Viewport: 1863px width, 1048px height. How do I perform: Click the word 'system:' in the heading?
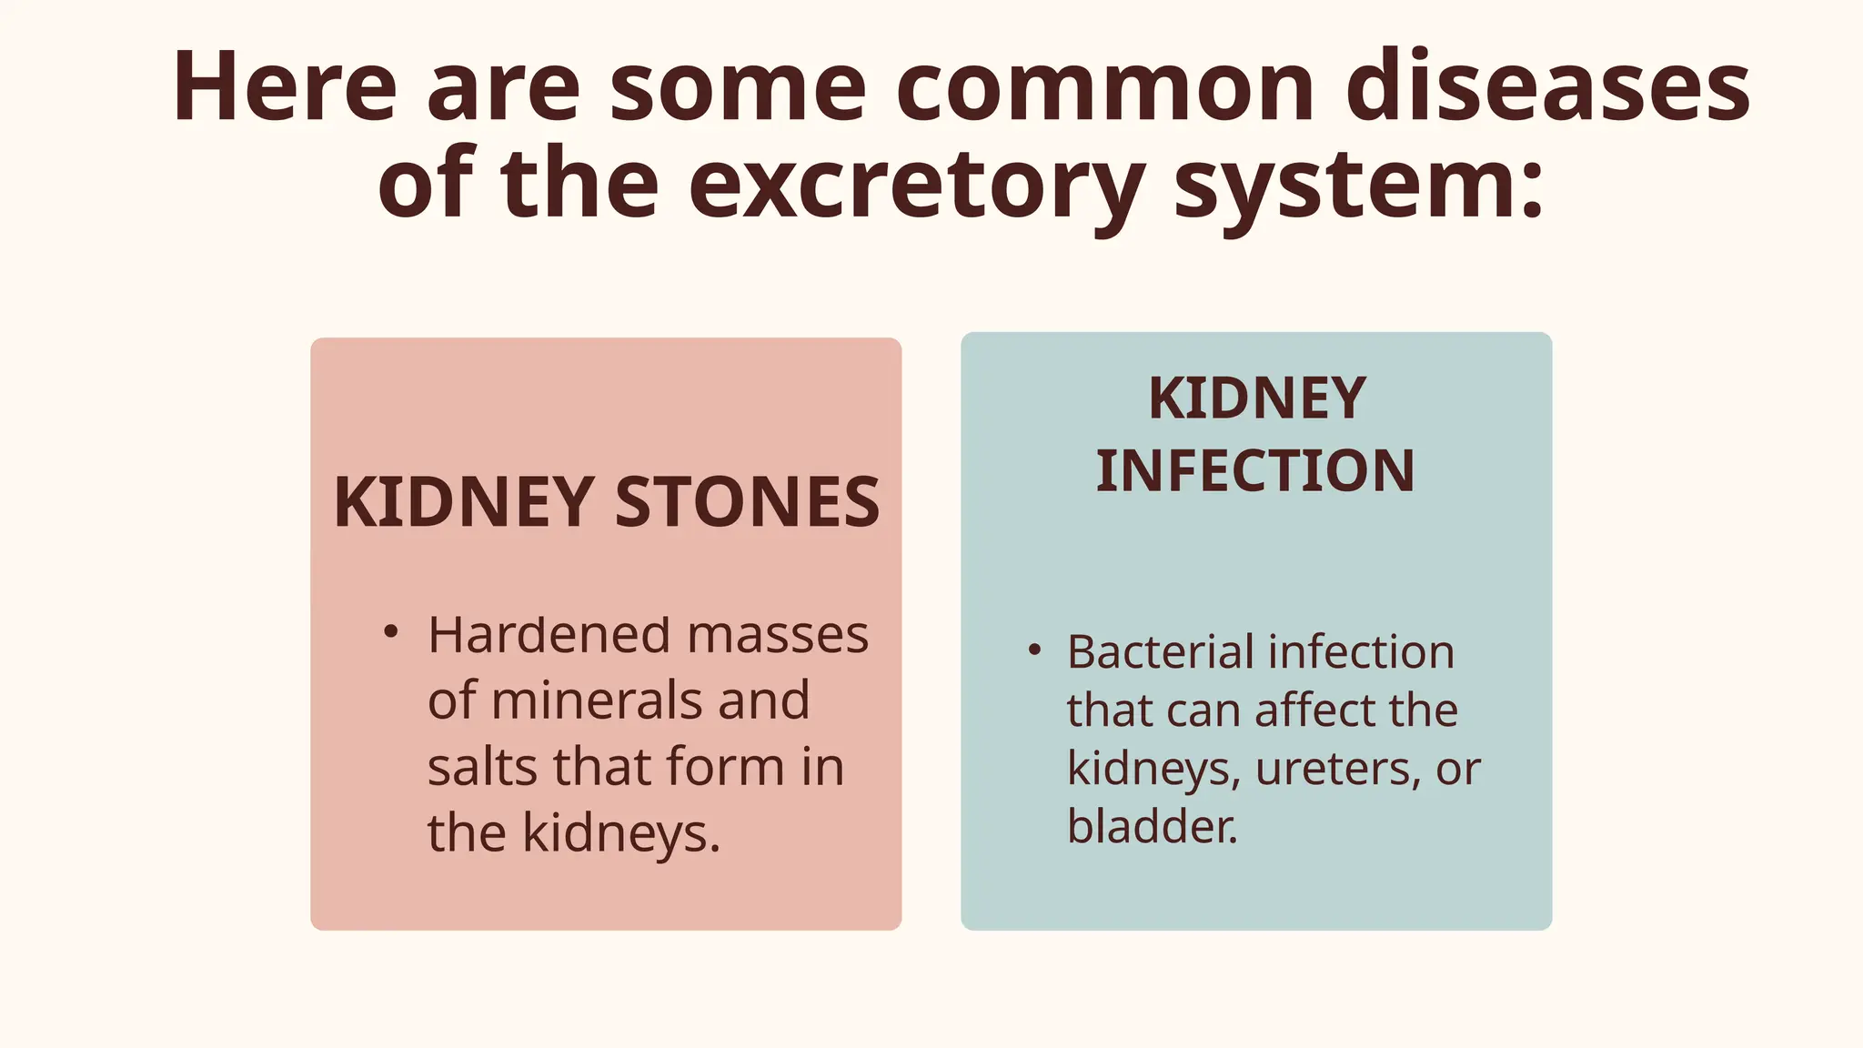tap(1359, 186)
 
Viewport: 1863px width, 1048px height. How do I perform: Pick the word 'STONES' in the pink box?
tap(747, 502)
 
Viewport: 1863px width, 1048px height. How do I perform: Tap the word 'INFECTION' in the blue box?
tap(1255, 471)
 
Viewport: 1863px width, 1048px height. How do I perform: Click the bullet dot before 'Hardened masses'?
tap(390, 631)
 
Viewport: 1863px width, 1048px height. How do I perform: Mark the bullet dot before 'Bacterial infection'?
tap(1033, 650)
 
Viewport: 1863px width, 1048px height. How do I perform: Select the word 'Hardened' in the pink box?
tap(550, 635)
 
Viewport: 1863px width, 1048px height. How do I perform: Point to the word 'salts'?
tap(482, 767)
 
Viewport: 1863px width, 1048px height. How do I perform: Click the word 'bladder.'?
tap(1152, 827)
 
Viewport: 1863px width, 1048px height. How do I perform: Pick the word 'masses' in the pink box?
tap(778, 635)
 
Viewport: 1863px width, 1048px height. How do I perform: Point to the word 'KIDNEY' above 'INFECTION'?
tap(1257, 398)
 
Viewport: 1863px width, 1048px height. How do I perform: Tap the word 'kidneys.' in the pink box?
tap(621, 833)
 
